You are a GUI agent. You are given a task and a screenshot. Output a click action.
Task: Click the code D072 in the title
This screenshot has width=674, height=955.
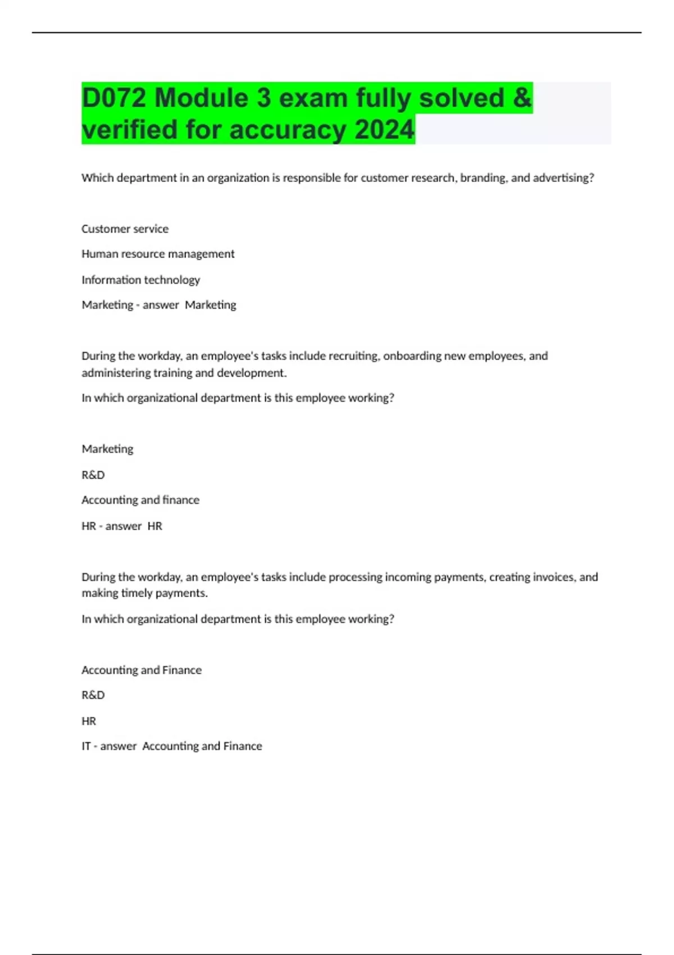coord(115,98)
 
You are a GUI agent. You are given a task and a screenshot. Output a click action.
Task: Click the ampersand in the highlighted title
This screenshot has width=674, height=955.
coord(522,98)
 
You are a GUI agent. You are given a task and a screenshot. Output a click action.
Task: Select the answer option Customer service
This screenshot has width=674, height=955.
coord(125,229)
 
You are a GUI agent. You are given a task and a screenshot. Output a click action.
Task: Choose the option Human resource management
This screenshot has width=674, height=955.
coord(158,254)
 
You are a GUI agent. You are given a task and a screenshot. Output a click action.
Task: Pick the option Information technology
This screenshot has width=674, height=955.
coord(140,280)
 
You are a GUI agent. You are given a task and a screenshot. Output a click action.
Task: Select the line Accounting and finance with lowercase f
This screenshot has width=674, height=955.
coord(140,500)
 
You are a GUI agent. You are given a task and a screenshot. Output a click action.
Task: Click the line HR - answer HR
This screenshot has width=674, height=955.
coord(122,526)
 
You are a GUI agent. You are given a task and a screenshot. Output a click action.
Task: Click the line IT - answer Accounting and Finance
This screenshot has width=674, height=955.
coord(172,746)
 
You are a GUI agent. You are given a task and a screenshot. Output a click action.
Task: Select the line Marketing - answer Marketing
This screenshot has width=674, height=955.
coord(159,305)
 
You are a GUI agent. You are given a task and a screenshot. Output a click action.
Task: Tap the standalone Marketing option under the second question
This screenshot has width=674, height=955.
coord(107,449)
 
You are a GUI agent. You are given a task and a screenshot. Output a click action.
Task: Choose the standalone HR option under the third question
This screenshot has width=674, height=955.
coord(89,721)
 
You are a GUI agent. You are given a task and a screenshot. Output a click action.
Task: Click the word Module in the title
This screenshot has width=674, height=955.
coord(201,98)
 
